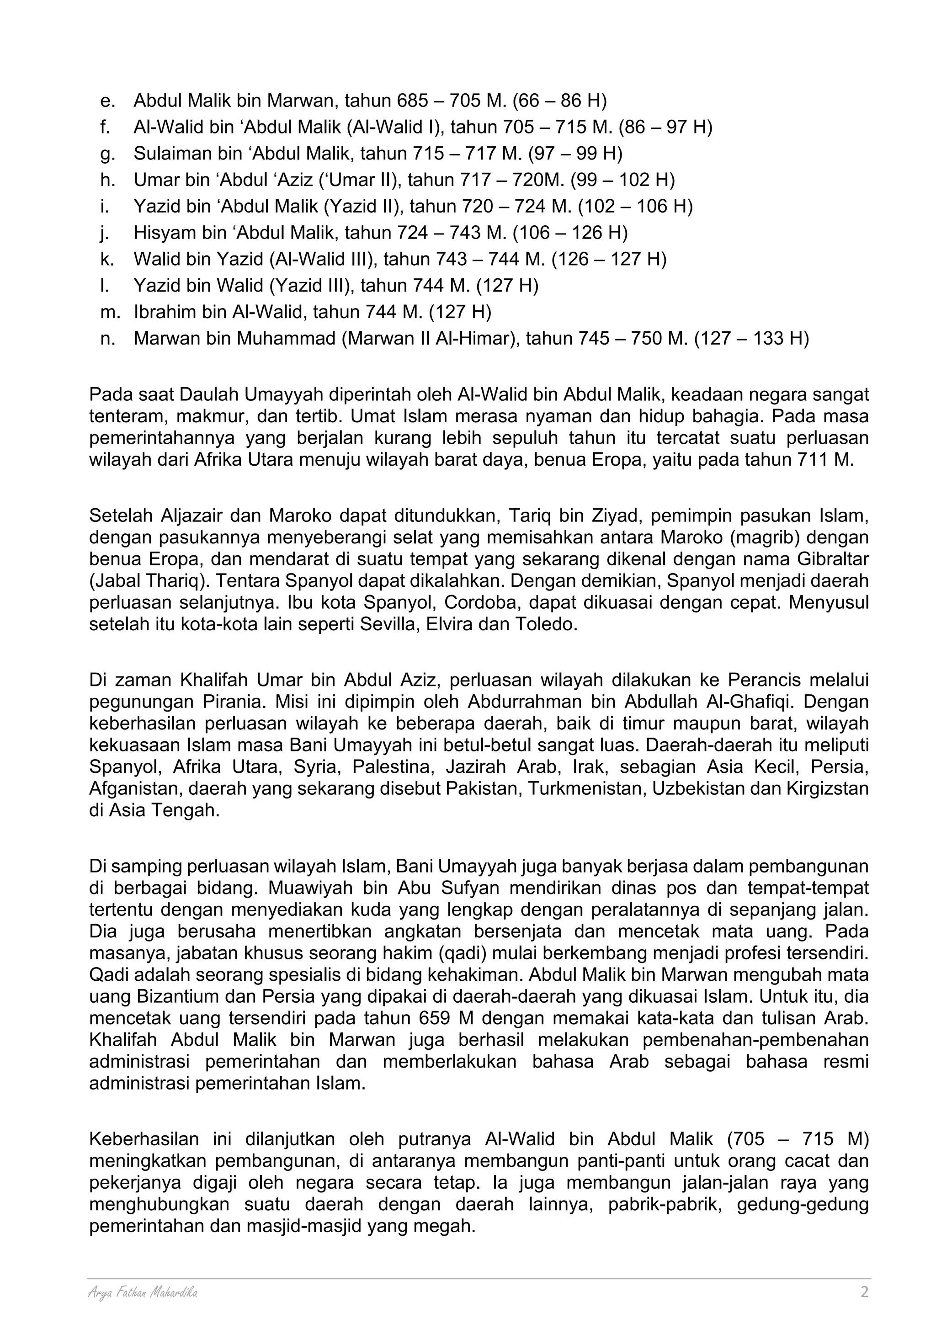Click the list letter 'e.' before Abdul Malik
click(108, 101)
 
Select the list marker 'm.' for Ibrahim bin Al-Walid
click(110, 312)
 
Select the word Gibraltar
click(832, 559)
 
